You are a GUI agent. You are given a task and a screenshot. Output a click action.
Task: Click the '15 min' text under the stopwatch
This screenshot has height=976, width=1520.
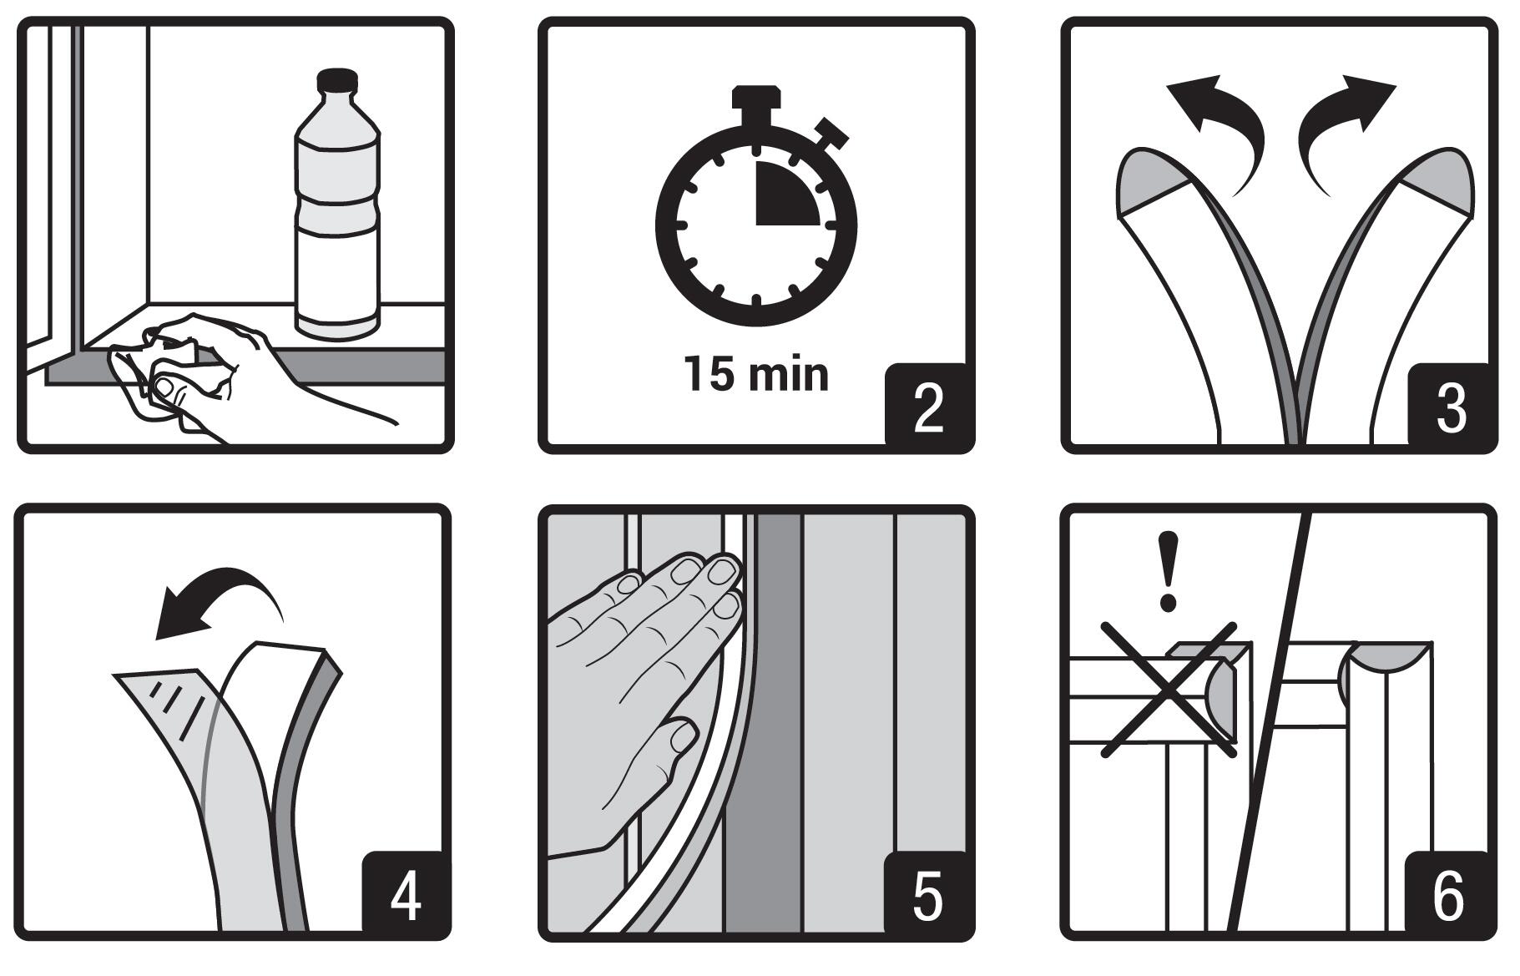point(756,373)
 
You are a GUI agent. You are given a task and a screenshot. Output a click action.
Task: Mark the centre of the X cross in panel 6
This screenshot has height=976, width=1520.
point(1168,690)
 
